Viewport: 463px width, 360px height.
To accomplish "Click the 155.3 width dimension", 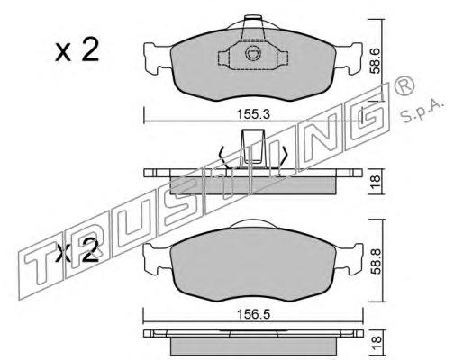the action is click(x=253, y=114).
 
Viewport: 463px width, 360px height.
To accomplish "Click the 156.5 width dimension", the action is click(x=253, y=314).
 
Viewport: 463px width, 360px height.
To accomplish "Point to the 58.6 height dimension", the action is click(x=376, y=61).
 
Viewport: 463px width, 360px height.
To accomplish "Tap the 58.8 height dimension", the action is click(x=376, y=261).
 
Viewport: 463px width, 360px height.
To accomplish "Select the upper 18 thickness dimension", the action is click(x=376, y=182).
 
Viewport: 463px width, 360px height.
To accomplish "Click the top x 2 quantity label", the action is click(x=77, y=50).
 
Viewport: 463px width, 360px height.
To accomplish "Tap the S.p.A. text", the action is click(x=422, y=111).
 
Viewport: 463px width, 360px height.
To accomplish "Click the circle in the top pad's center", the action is click(x=251, y=53).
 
